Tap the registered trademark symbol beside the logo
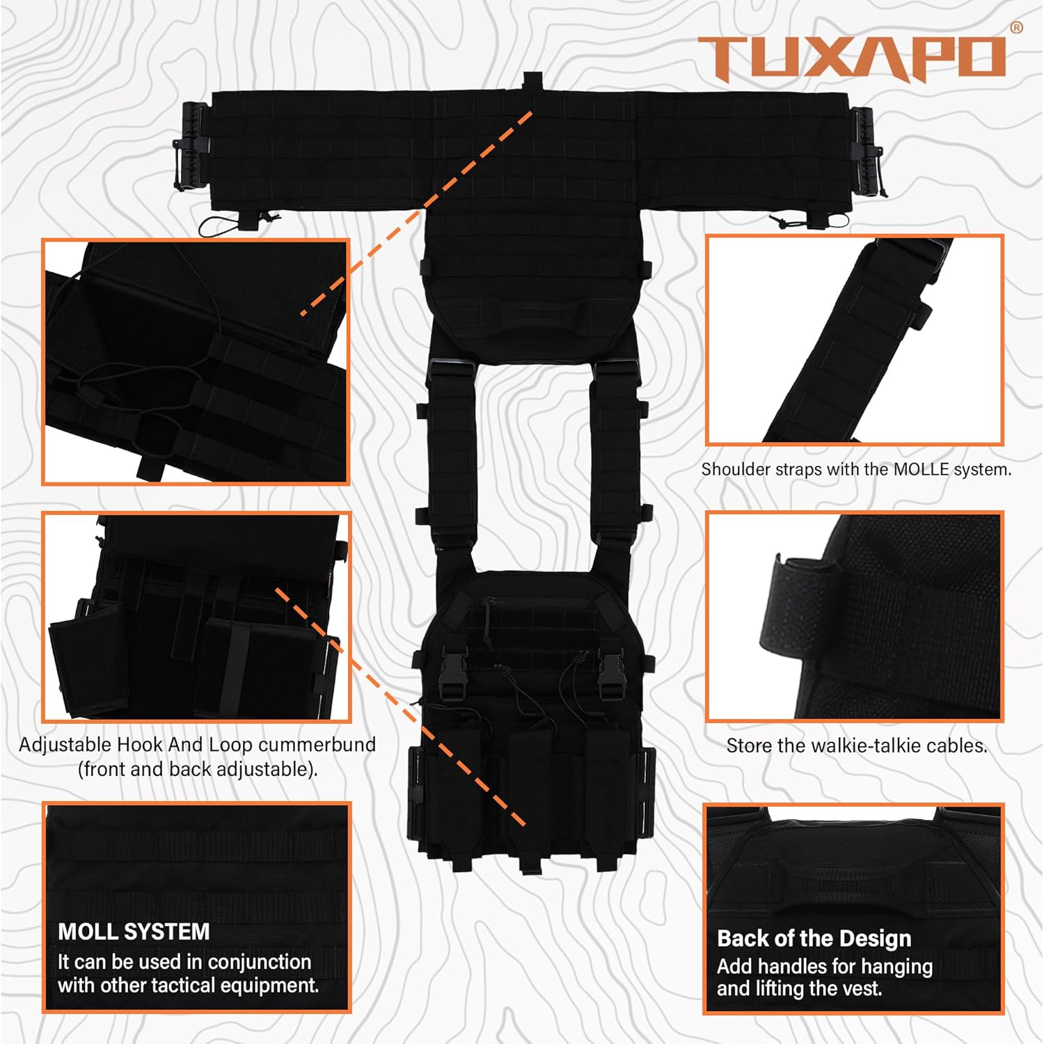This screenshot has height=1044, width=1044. point(1016,28)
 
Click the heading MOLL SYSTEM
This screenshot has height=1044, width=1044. point(134,931)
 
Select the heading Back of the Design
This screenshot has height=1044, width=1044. point(814,938)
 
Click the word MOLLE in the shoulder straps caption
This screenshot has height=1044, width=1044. point(921,470)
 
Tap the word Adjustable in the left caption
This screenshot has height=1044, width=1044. point(65,745)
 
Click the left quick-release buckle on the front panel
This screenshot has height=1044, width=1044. point(449,675)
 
